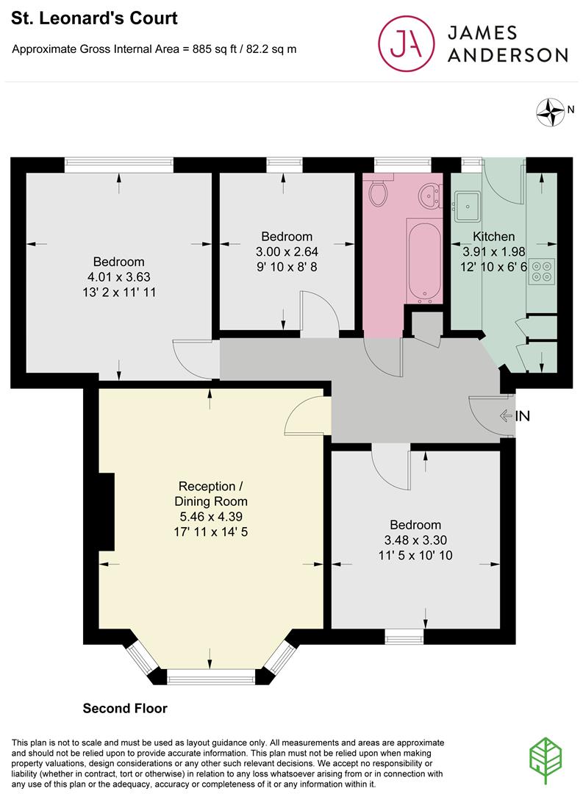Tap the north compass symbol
tap(548, 111)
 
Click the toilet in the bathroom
tap(379, 193)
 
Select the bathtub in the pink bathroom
tap(423, 262)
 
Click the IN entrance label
tap(522, 416)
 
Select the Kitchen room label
tap(493, 237)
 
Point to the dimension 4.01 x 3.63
tap(118, 277)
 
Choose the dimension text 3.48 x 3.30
tap(415, 540)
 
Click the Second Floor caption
tap(125, 709)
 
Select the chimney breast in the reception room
tap(107, 512)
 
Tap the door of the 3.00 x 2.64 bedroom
tap(318, 315)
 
